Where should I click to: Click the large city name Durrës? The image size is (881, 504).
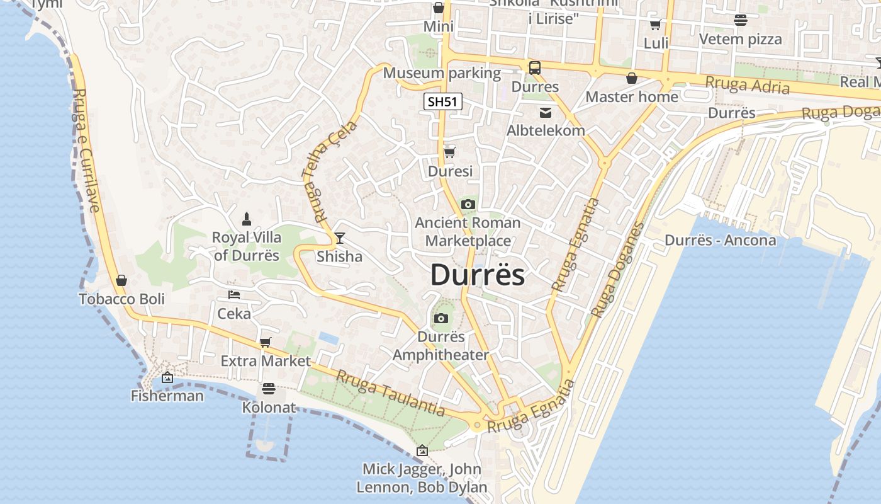pyautogui.click(x=478, y=275)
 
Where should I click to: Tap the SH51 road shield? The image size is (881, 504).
pyautogui.click(x=443, y=101)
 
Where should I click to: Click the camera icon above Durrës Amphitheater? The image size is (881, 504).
pyautogui.click(x=441, y=318)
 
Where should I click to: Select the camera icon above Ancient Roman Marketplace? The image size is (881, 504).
pyautogui.click(x=468, y=204)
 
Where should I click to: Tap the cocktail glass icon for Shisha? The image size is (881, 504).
pyautogui.click(x=340, y=238)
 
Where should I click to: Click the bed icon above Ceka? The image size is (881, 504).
pyautogui.click(x=234, y=294)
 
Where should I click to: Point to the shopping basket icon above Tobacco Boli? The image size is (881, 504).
pyautogui.click(x=121, y=280)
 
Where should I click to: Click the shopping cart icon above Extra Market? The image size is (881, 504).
pyautogui.click(x=266, y=342)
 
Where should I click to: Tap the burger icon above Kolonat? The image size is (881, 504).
pyautogui.click(x=269, y=388)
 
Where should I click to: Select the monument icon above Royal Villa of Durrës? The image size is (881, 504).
pyautogui.click(x=247, y=219)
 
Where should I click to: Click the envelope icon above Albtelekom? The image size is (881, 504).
pyautogui.click(x=546, y=113)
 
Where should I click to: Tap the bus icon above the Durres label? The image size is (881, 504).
pyautogui.click(x=535, y=68)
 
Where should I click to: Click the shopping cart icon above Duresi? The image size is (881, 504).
pyautogui.click(x=450, y=152)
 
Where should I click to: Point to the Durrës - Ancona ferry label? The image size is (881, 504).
pyautogui.click(x=721, y=240)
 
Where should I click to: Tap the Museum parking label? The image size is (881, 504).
pyautogui.click(x=442, y=73)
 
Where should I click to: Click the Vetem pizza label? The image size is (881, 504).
pyautogui.click(x=741, y=39)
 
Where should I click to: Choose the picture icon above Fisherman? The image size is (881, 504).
pyautogui.click(x=167, y=377)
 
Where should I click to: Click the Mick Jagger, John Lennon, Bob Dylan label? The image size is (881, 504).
pyautogui.click(x=422, y=478)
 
